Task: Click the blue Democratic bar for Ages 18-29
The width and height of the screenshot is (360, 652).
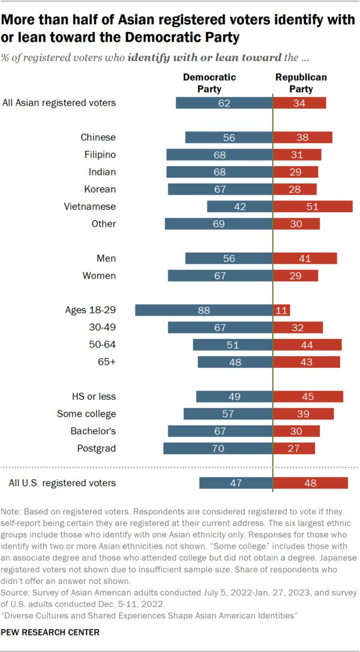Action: click(x=204, y=310)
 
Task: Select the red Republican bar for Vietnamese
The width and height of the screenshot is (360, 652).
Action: click(x=313, y=207)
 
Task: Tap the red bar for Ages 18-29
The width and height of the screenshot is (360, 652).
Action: click(x=282, y=310)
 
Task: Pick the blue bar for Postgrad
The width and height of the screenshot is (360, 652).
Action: click(x=218, y=448)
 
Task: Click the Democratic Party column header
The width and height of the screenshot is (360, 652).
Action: click(x=209, y=83)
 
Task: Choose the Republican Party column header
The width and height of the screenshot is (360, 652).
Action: click(x=301, y=83)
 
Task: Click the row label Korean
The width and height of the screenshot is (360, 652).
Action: click(x=101, y=189)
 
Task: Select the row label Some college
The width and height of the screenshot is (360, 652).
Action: click(x=87, y=414)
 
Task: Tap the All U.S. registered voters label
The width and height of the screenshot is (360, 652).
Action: click(x=62, y=483)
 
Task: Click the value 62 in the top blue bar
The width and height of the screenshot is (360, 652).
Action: click(x=224, y=103)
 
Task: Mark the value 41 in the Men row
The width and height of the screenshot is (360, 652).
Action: click(x=305, y=259)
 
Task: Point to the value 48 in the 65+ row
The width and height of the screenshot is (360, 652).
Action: click(x=235, y=362)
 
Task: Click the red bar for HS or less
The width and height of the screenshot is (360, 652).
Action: click(x=308, y=397)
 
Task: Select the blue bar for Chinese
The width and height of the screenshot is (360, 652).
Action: click(x=229, y=138)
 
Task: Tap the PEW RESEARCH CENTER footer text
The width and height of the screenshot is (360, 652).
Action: click(x=50, y=632)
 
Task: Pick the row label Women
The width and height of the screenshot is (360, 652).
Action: click(x=100, y=276)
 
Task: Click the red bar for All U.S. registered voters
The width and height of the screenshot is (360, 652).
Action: click(x=310, y=483)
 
